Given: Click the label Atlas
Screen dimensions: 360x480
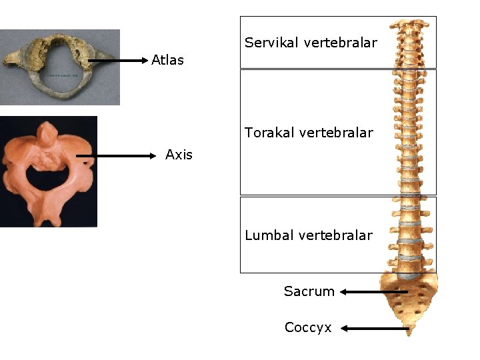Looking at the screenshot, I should click(x=167, y=60).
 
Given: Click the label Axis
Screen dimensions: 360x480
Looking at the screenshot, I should click(x=179, y=155).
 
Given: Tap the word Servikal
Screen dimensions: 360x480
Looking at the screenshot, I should click(x=272, y=43).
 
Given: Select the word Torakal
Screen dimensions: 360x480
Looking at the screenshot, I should click(x=271, y=133).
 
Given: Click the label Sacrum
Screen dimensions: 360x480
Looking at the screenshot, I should click(x=309, y=291).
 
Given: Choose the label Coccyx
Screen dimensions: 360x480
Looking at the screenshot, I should click(x=308, y=327).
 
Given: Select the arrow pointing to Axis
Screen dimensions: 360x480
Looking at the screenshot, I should click(x=116, y=156).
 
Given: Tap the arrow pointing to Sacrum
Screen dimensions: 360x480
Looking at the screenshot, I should click(x=374, y=291).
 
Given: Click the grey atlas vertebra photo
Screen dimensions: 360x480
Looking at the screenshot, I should click(x=60, y=67).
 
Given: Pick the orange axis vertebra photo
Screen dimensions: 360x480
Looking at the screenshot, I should click(x=48, y=171).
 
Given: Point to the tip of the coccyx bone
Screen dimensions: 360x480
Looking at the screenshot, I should click(x=409, y=333).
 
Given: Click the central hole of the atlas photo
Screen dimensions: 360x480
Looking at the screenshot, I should click(x=57, y=73).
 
